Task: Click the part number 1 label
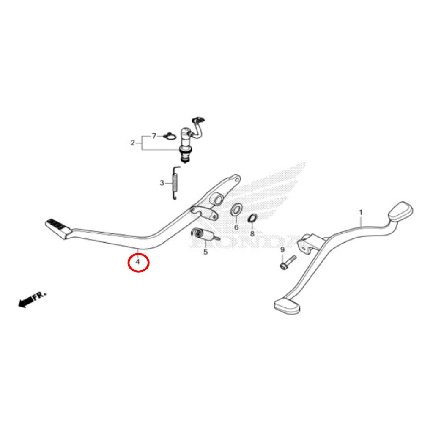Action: tap(361, 213)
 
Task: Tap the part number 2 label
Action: tap(132, 143)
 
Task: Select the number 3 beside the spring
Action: tap(162, 183)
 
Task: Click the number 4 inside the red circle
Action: tap(138, 261)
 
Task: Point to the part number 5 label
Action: tap(206, 252)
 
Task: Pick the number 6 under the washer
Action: tap(236, 227)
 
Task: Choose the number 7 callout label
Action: tap(154, 136)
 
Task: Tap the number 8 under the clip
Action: tap(252, 234)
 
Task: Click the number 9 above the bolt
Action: tap(282, 249)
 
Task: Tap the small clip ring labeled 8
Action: tap(253, 218)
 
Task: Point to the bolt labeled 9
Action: tap(288, 262)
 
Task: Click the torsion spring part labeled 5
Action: tap(205, 235)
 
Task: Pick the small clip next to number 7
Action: tap(170, 136)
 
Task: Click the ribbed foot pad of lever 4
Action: tap(58, 229)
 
